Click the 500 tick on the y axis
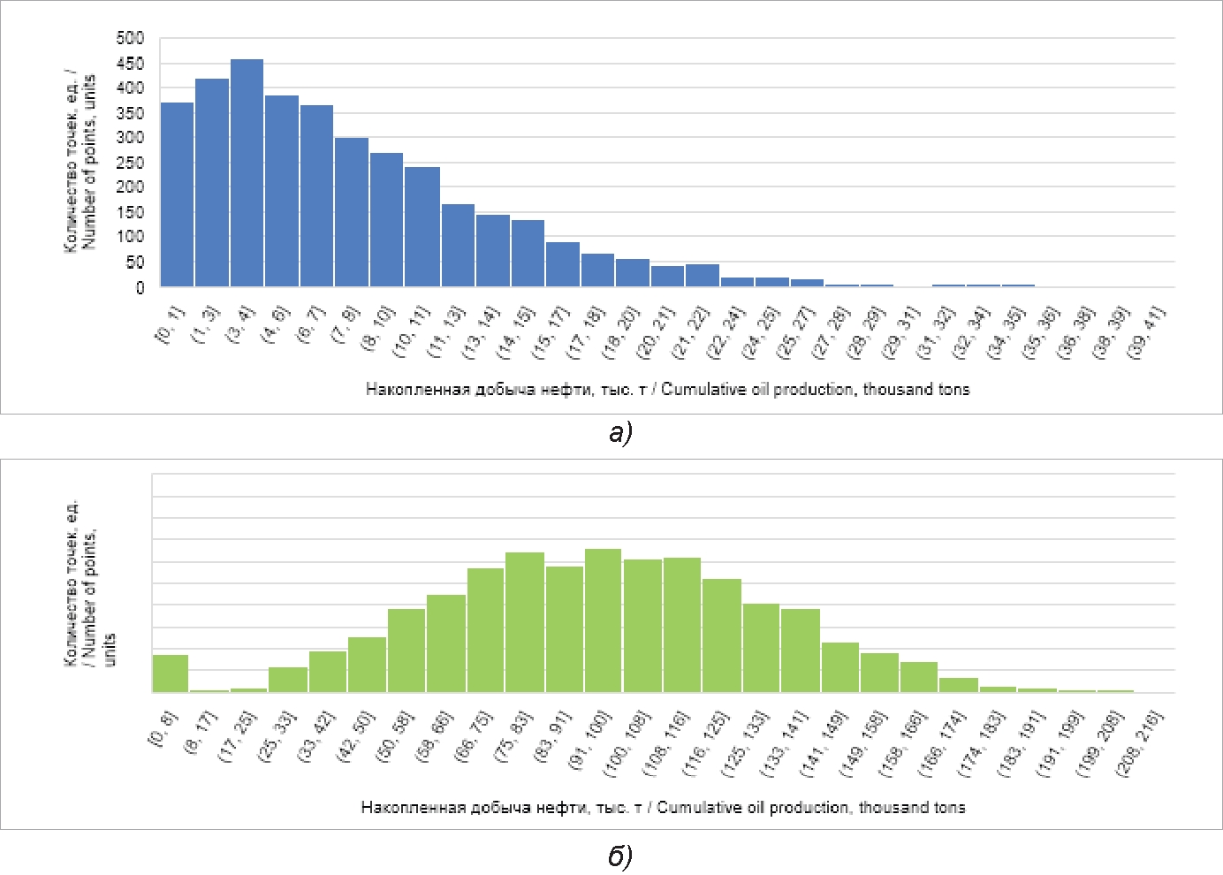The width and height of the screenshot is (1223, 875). click(130, 38)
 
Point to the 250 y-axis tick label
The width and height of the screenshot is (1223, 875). click(130, 163)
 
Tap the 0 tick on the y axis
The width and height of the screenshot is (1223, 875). click(139, 288)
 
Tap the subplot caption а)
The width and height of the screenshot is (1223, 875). click(621, 432)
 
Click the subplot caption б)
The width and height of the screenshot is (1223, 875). click(620, 856)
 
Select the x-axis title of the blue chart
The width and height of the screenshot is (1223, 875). click(667, 390)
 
